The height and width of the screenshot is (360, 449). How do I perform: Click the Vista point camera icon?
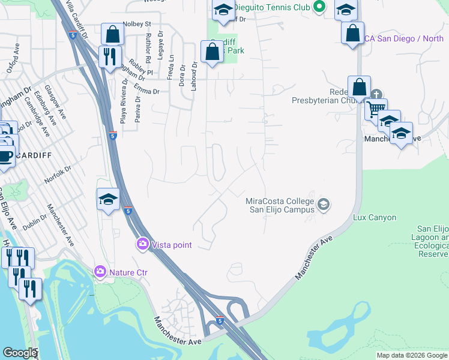(143, 244)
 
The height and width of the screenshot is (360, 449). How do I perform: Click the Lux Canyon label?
(374, 217)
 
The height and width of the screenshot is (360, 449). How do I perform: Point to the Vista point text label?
(172, 244)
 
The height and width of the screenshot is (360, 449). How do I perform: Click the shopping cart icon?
(375, 110)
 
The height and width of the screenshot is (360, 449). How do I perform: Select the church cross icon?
(376, 94)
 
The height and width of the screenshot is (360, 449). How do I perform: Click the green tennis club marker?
(319, 7)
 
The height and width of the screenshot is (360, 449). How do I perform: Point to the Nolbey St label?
(137, 24)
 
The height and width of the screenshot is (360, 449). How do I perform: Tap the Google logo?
(20, 353)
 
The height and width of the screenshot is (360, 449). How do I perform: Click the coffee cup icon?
(5, 156)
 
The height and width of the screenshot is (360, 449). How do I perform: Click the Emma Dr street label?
(146, 92)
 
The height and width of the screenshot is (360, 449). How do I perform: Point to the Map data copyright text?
(411, 355)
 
